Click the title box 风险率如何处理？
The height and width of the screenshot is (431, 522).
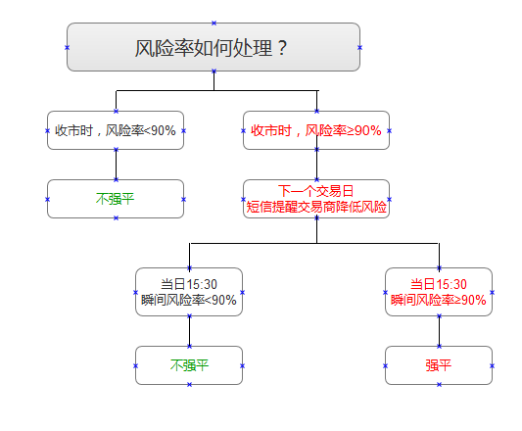[x=213, y=47]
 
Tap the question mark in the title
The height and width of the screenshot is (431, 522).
[x=283, y=47]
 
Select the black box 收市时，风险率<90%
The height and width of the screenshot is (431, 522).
[x=116, y=130]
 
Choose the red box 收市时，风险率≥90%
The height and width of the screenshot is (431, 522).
[x=316, y=130]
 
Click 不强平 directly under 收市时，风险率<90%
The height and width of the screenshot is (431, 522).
[x=116, y=199]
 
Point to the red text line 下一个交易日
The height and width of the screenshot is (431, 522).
[x=316, y=191]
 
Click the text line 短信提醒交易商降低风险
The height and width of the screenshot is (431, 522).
[x=316, y=207]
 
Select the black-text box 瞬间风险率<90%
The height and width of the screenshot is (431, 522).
[x=189, y=300]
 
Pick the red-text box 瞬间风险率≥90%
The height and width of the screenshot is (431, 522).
[x=439, y=300]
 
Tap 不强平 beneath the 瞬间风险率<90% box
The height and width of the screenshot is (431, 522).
[x=189, y=365]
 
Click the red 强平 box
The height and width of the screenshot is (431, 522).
[x=439, y=365]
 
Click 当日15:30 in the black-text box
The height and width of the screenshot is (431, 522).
[x=189, y=284]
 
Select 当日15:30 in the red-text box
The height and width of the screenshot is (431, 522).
[x=439, y=284]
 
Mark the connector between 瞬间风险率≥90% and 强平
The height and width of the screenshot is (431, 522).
[x=439, y=331]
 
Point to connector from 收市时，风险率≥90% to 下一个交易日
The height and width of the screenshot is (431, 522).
[x=316, y=165]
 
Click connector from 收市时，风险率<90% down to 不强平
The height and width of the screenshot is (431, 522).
[x=116, y=165]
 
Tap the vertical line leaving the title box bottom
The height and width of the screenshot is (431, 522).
[x=214, y=80]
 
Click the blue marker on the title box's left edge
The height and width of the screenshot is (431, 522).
[x=67, y=47]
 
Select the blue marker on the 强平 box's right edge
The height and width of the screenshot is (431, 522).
[x=492, y=365]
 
